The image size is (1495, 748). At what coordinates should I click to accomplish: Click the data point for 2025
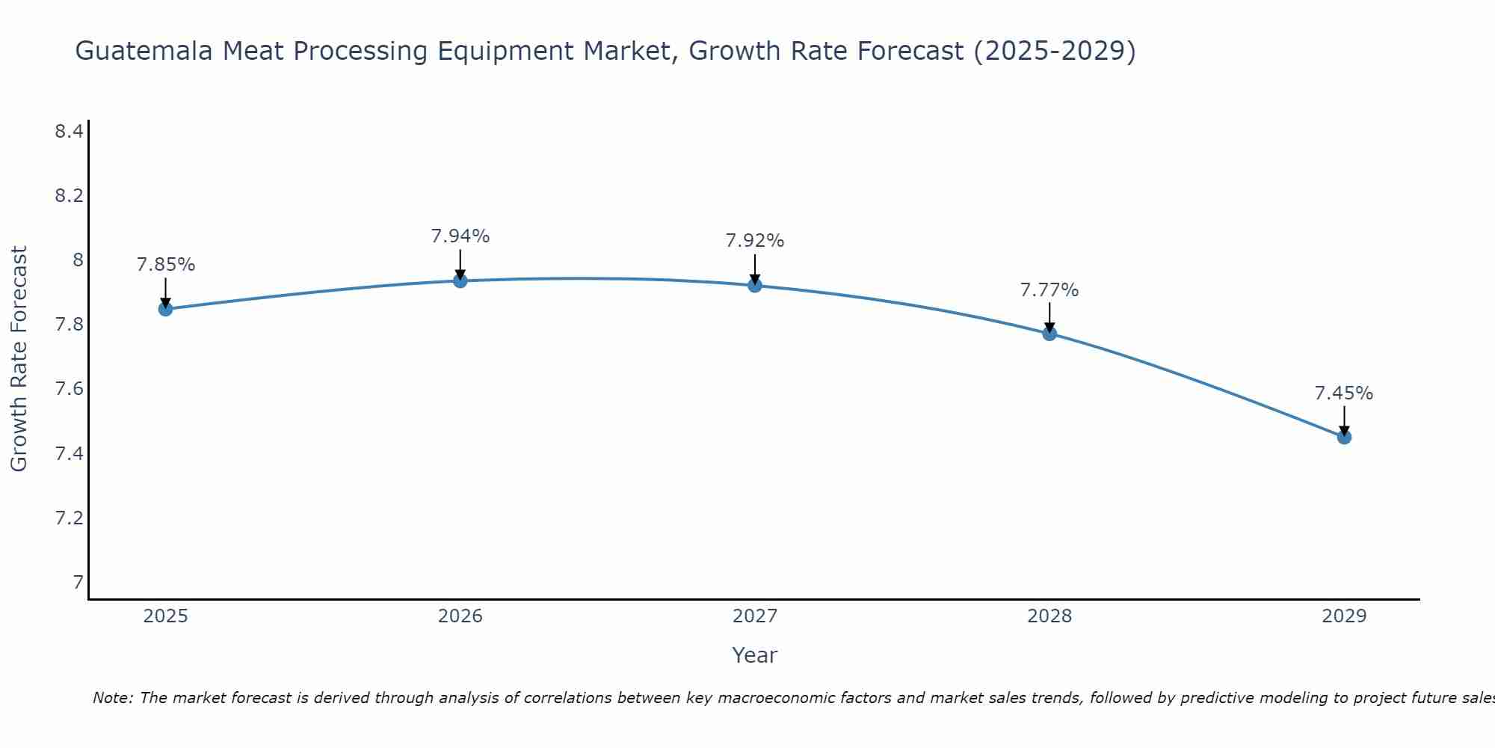[x=166, y=309]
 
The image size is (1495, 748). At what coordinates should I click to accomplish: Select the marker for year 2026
[x=460, y=280]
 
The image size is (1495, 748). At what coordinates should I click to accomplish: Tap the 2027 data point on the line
[x=755, y=285]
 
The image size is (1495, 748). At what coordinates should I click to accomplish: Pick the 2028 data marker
[x=1049, y=334]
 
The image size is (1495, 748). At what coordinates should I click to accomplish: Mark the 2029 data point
[x=1344, y=437]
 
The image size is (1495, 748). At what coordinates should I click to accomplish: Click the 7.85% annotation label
[x=166, y=265]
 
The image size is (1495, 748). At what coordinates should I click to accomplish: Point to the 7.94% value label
[x=460, y=236]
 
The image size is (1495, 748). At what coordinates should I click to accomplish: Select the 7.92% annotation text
[x=755, y=241]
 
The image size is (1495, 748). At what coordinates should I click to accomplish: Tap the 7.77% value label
[x=1049, y=289]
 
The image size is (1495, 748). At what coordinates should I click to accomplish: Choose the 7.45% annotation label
[x=1344, y=393]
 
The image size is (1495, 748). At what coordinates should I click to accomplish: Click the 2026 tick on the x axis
[x=460, y=616]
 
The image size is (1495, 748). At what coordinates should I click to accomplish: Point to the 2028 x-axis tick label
[x=1049, y=616]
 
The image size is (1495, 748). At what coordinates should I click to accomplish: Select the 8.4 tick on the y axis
[x=69, y=132]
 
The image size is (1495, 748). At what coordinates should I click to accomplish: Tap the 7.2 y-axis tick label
[x=69, y=518]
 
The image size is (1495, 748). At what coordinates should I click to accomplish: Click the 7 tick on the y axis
[x=77, y=582]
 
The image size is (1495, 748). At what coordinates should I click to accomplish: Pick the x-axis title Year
[x=755, y=655]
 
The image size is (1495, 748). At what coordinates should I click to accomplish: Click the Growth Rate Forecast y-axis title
[x=19, y=358]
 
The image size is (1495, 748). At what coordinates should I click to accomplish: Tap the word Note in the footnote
[x=112, y=698]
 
